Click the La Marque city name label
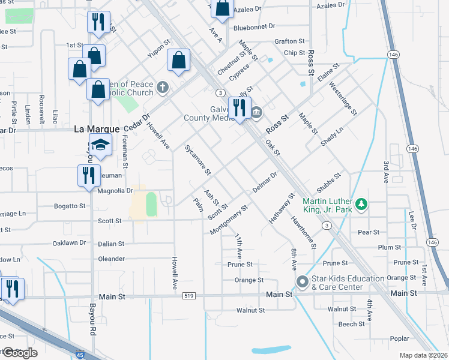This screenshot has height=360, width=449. pyautogui.click(x=96, y=128)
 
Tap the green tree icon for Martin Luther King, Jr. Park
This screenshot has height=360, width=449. pyautogui.click(x=361, y=205)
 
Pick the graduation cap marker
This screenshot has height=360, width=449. pyautogui.click(x=101, y=145)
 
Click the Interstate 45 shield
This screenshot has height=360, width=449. pyautogui.click(x=81, y=355)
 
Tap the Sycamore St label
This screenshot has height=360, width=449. pyautogui.click(x=197, y=160)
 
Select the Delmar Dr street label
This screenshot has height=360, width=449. pyautogui.click(x=265, y=182)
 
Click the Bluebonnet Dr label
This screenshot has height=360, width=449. pyautogui.click(x=254, y=26)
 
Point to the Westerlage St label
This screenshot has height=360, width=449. pyautogui.click(x=343, y=98)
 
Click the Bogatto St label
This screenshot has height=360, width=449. pyautogui.click(x=70, y=206)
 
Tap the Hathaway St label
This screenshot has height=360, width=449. pyautogui.click(x=282, y=208)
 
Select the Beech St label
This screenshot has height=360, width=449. pyautogui.click(x=348, y=324)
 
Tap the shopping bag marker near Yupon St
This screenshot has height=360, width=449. pyautogui.click(x=179, y=61)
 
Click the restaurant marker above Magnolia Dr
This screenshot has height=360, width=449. pyautogui.click(x=89, y=176)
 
